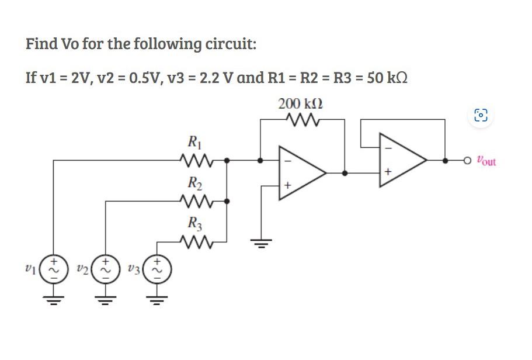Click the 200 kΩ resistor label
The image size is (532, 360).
click(x=301, y=104)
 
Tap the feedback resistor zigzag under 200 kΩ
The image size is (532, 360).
click(x=301, y=120)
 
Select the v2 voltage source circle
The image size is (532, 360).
click(x=106, y=268)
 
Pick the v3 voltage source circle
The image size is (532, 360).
click(x=157, y=268)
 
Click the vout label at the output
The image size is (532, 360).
click(x=486, y=160)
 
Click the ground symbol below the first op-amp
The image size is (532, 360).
click(x=260, y=241)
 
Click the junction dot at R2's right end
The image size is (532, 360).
click(x=227, y=201)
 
